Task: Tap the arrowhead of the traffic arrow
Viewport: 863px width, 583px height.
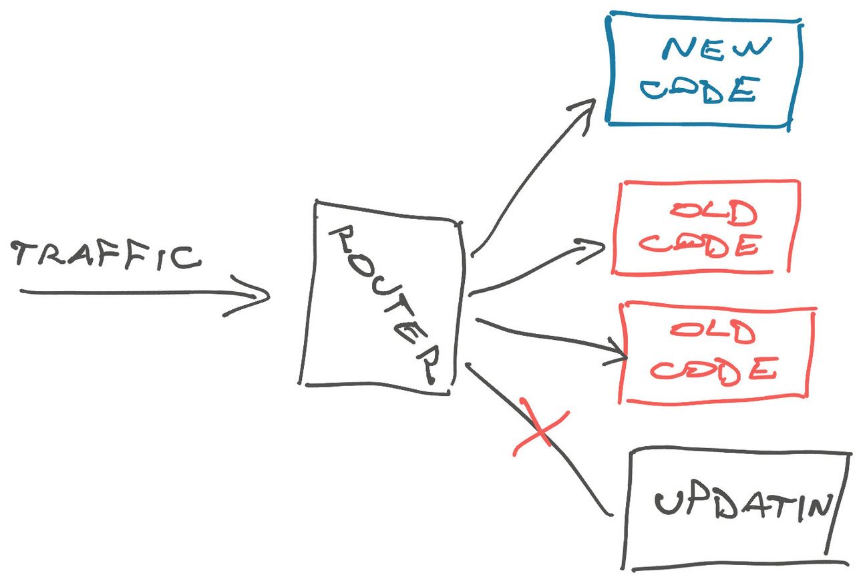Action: click(257, 295)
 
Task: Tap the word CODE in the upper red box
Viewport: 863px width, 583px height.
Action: click(700, 246)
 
